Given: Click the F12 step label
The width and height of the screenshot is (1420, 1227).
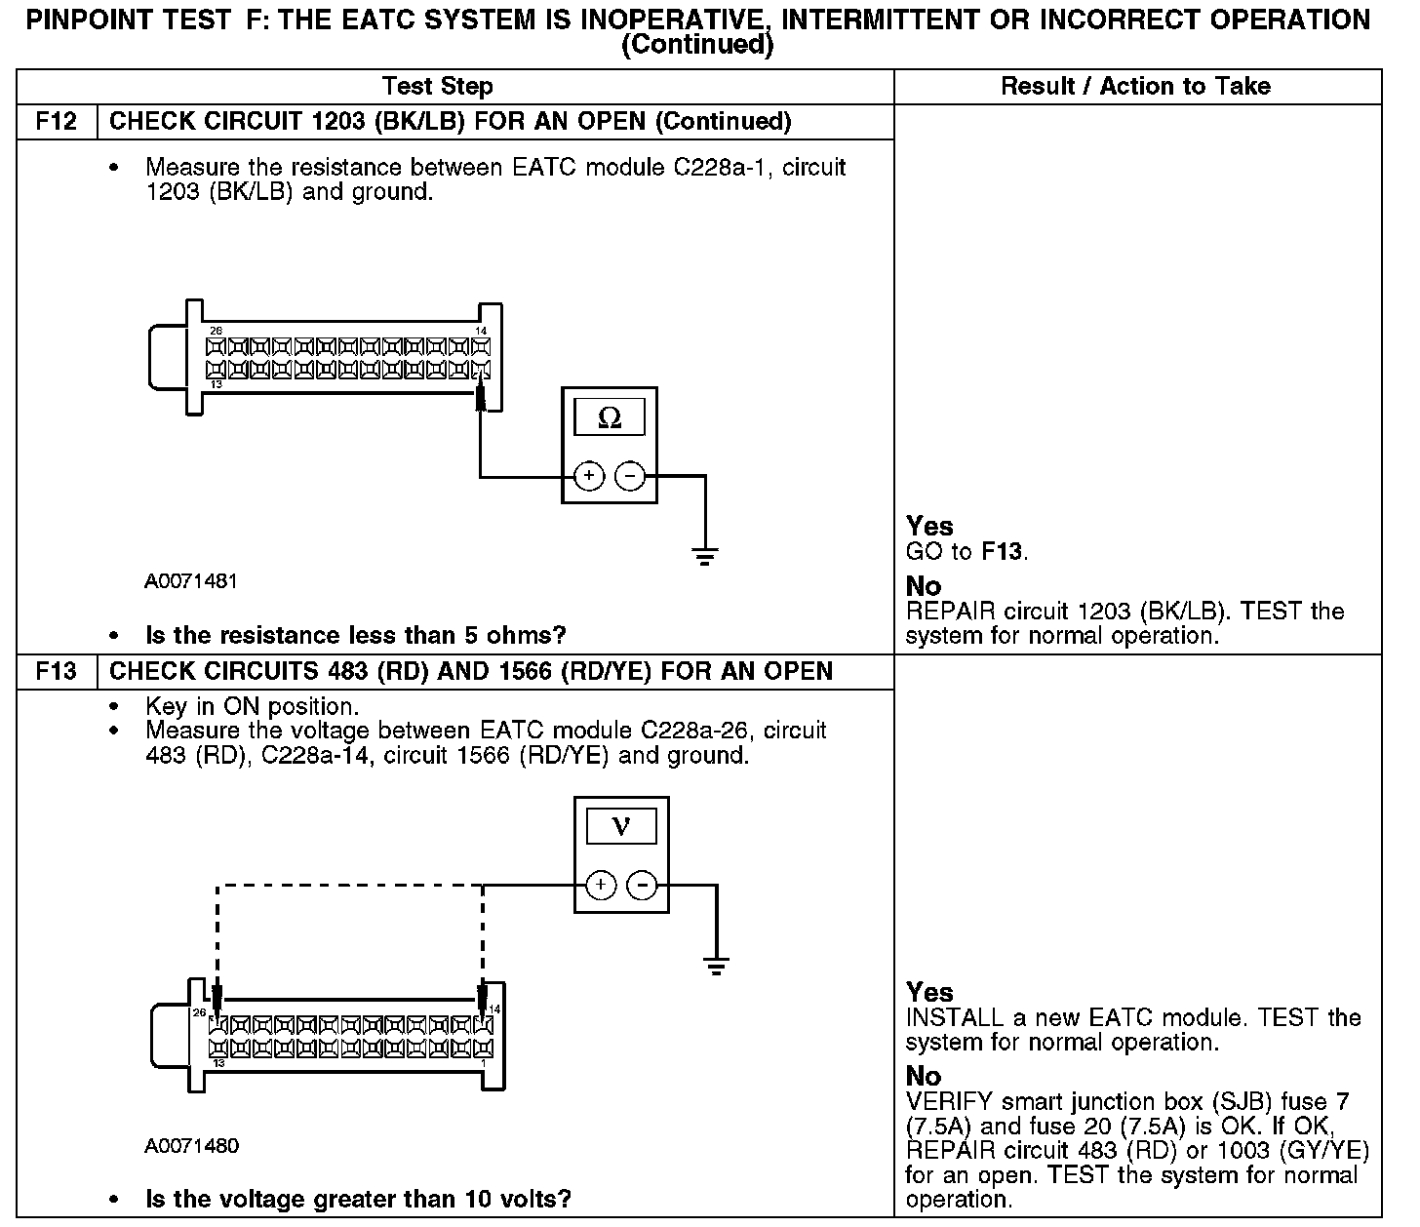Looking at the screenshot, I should (57, 122).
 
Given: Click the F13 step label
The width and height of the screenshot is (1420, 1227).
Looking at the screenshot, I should (57, 672).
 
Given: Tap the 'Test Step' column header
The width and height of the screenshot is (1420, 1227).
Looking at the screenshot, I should (438, 86).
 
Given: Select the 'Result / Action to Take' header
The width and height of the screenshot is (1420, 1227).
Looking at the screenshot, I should (1136, 86).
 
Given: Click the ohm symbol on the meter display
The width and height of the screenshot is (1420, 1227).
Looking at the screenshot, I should (610, 418).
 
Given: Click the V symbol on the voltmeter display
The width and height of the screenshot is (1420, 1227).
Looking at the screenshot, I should (620, 827).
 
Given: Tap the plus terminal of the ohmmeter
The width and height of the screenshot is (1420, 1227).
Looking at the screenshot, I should (588, 476).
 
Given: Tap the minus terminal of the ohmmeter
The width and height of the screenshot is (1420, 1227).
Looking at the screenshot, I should (631, 476).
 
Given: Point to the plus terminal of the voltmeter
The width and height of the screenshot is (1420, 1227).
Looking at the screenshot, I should (601, 886).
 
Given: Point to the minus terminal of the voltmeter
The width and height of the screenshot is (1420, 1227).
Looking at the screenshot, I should (642, 886).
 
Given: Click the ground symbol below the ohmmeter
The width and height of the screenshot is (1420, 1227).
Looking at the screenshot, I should (705, 556).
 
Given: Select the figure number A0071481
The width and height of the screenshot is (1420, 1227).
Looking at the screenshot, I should (191, 581).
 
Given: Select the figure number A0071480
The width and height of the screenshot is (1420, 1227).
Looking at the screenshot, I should (191, 1146).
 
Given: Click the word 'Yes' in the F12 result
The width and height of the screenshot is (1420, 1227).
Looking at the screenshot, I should (929, 526).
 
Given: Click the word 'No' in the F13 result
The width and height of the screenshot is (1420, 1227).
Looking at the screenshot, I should (924, 1076).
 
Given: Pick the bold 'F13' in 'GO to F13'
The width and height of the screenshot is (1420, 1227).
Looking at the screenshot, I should (1003, 552).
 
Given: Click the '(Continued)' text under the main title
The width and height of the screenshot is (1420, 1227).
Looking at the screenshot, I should (696, 45).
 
